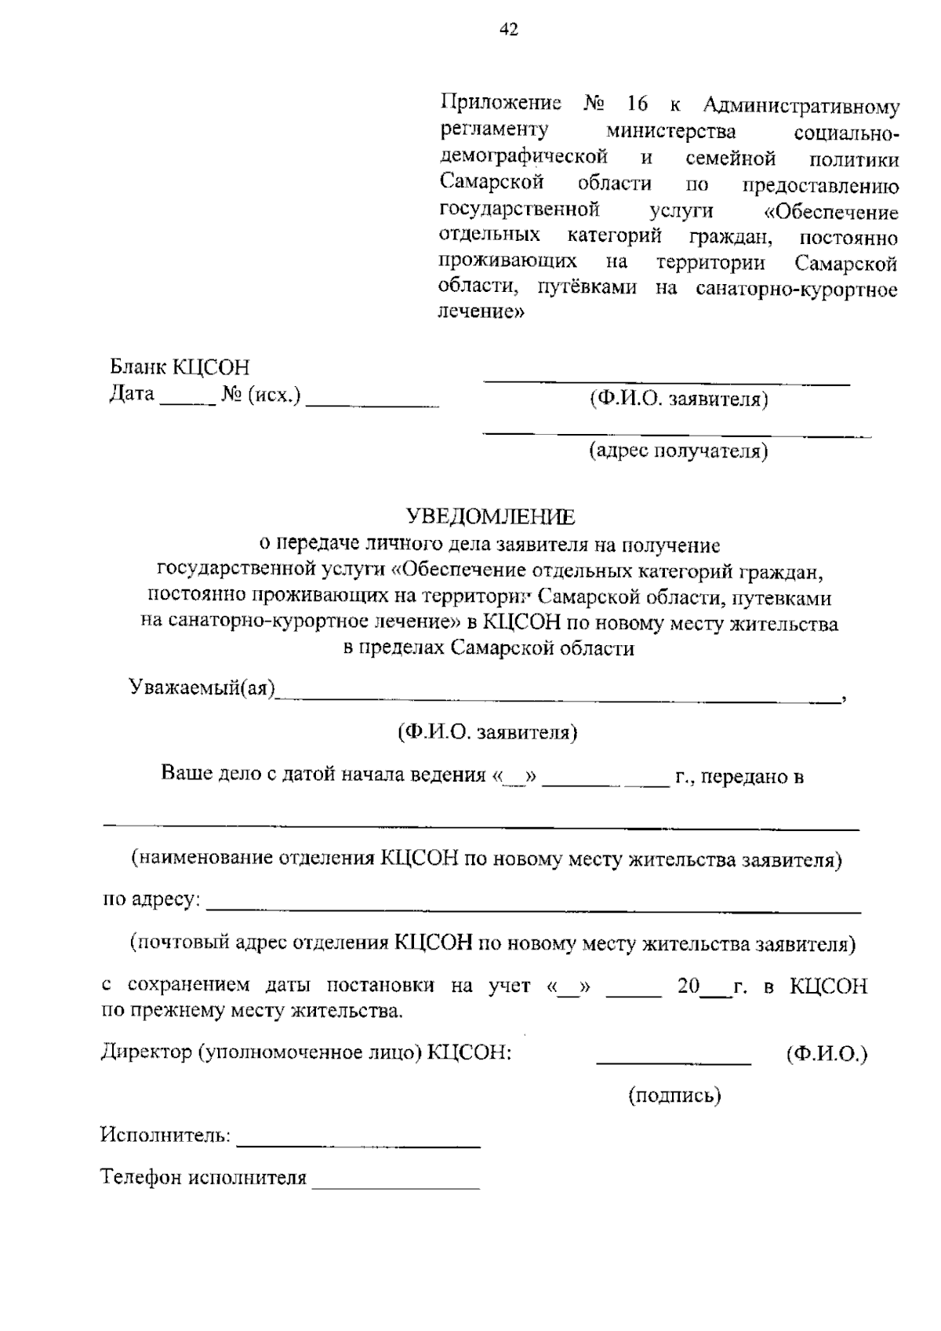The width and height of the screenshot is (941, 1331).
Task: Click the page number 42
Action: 509,30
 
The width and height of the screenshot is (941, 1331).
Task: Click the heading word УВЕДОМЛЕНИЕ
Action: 490,516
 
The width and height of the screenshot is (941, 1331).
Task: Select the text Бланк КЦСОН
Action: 179,367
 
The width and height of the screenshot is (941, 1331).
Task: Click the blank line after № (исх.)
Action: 372,403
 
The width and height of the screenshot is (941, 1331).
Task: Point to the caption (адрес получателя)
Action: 678,451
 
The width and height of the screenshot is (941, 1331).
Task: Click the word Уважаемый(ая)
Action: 202,688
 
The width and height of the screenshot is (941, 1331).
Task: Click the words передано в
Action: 752,776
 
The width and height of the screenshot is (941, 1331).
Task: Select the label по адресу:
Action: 151,899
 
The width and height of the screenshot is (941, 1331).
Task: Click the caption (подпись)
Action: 674,1096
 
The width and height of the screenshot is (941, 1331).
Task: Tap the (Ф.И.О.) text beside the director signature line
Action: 827,1054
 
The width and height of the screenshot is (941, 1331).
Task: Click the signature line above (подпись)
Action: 674,1063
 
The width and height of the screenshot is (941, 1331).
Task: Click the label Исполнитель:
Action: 165,1135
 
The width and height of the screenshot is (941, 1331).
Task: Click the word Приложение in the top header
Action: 500,104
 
